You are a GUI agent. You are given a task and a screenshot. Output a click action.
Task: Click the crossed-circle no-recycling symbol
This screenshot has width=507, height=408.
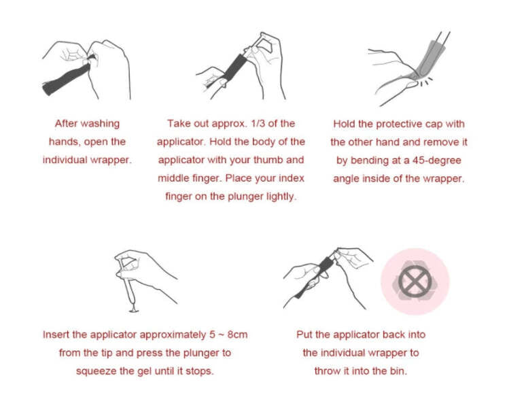pyautogui.click(x=415, y=282)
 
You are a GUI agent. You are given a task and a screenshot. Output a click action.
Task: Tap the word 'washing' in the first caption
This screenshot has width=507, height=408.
pyautogui.click(x=100, y=124)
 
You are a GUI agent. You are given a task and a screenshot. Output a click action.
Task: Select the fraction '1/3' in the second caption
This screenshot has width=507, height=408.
pyautogui.click(x=258, y=124)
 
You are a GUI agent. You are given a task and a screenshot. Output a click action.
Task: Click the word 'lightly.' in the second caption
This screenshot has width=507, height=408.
pyautogui.click(x=281, y=197)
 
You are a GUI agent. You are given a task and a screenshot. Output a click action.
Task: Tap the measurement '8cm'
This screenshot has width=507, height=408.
pyautogui.click(x=237, y=335)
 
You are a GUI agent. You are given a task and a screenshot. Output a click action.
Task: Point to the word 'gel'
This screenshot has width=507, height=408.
pyautogui.click(x=145, y=371)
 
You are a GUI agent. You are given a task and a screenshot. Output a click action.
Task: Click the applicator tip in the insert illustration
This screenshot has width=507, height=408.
pyautogui.click(x=133, y=309)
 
